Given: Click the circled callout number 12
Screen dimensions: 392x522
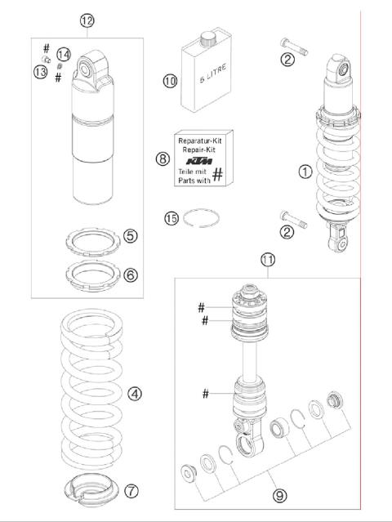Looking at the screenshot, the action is (87, 20).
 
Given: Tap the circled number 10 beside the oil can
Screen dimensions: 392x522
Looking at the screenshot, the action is (170, 81).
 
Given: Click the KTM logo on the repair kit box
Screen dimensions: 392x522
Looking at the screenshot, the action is (199, 162).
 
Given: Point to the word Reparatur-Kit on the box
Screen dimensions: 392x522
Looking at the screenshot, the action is (200, 141).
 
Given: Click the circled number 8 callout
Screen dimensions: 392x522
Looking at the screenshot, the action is (163, 158).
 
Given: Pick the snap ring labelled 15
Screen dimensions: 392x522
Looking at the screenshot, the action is (202, 218).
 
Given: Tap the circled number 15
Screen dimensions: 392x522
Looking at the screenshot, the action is (171, 218).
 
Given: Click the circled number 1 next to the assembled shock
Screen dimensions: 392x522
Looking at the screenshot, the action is (305, 172).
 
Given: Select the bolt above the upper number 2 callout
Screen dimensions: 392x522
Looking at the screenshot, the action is (294, 47).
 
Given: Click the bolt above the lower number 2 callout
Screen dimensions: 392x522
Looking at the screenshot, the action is (293, 220).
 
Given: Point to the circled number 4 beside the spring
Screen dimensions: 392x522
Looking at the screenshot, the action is (135, 394).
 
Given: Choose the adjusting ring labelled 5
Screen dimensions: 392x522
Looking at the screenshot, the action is (93, 242).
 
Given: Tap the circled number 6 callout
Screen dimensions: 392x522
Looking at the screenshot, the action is (130, 274).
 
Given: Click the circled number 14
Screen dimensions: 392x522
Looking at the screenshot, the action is (64, 54).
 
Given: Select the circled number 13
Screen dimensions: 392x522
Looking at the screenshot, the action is (40, 72).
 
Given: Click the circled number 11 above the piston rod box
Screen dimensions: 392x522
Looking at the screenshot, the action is (268, 260).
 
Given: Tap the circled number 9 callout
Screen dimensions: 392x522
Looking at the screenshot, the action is (279, 496).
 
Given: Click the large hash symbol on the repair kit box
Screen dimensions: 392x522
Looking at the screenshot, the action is (218, 174).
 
